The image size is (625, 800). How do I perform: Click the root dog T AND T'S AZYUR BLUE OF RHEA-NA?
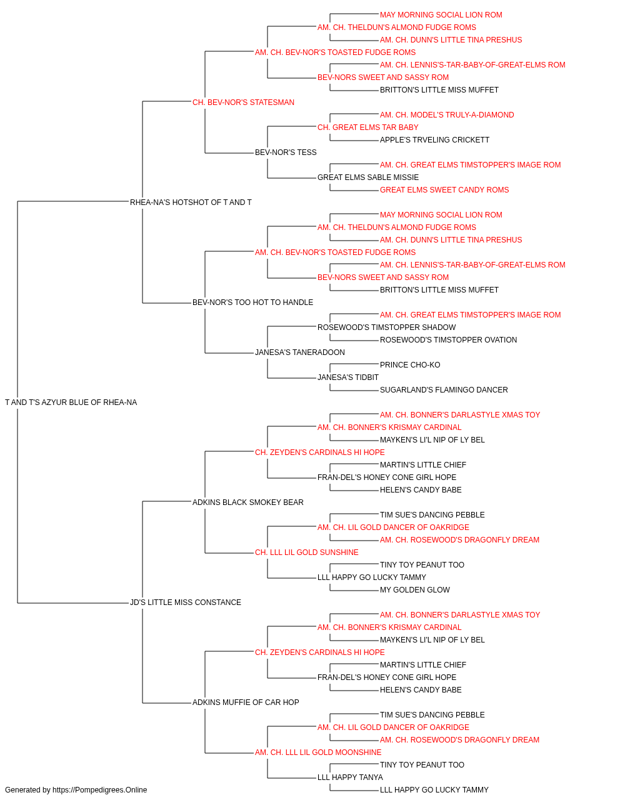[71, 402]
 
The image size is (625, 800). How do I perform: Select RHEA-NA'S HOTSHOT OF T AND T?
[191, 202]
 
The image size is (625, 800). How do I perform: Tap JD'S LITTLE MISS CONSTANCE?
[186, 602]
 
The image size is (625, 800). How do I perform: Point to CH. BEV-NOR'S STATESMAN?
[243, 102]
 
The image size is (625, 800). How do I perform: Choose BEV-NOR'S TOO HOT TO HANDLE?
[253, 302]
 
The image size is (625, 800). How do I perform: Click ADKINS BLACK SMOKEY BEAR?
[248, 502]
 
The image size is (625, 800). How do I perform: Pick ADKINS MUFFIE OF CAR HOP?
[246, 702]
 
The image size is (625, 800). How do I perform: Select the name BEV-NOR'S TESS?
[286, 152]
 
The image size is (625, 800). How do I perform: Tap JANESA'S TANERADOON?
[300, 352]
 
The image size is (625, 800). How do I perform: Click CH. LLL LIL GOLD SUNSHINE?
[307, 552]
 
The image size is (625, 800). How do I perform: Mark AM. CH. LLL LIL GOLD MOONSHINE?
[318, 752]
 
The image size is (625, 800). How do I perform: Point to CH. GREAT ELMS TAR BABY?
[368, 127]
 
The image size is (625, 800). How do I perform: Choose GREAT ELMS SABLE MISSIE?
[368, 177]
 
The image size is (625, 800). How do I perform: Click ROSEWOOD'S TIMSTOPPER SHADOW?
[386, 327]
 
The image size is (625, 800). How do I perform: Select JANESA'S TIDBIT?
[348, 377]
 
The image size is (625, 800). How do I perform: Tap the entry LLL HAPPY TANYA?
[351, 777]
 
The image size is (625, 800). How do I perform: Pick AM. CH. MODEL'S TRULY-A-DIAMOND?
[447, 115]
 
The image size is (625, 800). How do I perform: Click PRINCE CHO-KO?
[410, 365]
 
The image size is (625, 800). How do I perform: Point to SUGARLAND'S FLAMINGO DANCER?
[444, 390]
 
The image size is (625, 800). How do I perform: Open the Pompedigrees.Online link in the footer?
[100, 790]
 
